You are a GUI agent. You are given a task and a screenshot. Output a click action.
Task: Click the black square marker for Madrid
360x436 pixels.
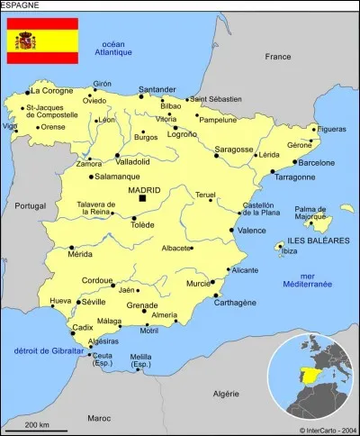coord(141,197)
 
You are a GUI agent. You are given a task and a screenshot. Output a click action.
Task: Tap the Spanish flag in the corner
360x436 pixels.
coord(42,41)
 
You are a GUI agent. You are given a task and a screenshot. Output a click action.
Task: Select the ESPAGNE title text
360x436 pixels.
coord(21,5)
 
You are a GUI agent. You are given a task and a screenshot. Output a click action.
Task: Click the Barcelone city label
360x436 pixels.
coord(316,163)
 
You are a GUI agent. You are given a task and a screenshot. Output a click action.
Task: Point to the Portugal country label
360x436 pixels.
coord(30,205)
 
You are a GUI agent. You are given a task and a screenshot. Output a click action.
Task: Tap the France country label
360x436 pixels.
coord(277,57)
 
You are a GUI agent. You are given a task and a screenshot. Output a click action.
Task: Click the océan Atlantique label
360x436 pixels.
coord(112,48)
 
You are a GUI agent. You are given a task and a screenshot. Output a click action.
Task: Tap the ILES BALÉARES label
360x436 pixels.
coord(317,241)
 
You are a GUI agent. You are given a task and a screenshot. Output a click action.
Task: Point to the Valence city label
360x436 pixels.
coord(251,231)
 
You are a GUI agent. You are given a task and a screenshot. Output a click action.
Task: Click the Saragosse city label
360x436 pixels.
coord(233,149)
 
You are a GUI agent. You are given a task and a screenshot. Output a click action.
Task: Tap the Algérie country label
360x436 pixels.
coord(225,393)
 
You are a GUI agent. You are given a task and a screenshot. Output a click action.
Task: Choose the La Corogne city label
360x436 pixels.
coord(51,91)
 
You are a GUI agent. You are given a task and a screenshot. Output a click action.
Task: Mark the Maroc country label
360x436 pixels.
coord(99,417)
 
